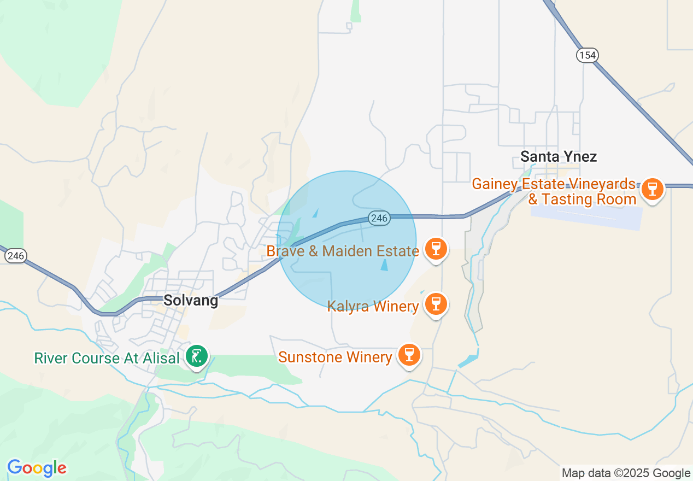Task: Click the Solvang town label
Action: coord(191,300)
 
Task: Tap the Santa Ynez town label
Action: coord(558,157)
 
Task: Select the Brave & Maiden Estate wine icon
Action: coord(436,249)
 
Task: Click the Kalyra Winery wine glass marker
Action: coord(436,303)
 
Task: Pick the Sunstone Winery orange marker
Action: coord(409,354)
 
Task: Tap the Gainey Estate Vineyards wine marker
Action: coord(651,189)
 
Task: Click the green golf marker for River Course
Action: coord(196,356)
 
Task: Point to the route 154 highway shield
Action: coord(587,55)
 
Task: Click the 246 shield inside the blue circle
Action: coord(378,218)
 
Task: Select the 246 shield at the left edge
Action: coord(16,255)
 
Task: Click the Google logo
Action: coord(37,468)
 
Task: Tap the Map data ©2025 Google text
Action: coord(626,473)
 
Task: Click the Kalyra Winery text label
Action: coord(373,306)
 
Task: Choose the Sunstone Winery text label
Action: coord(335,357)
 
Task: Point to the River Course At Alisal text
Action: coord(107,359)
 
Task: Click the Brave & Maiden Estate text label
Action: coord(343,251)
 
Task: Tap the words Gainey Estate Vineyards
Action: coord(553,184)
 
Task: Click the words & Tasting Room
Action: coord(582,200)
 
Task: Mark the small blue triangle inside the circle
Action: coord(384,265)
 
